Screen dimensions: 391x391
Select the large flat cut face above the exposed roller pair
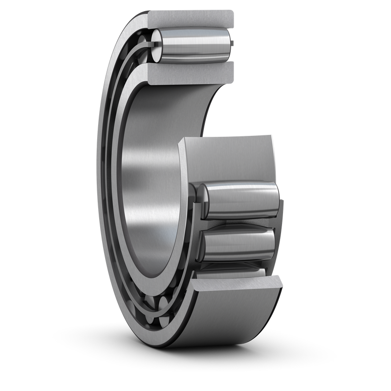tap(227, 156)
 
